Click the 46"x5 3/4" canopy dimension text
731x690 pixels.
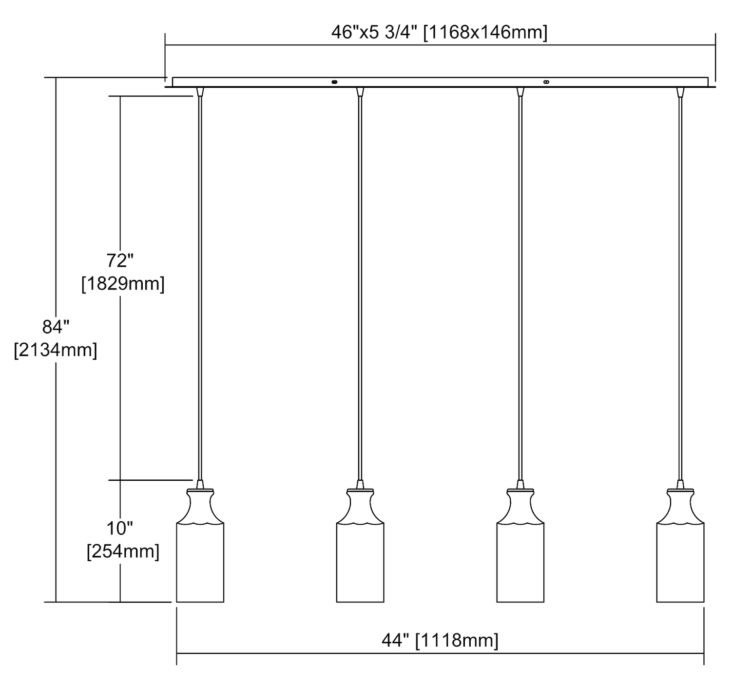pyautogui.click(x=375, y=32)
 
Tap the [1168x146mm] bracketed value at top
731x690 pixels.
pyautogui.click(x=485, y=33)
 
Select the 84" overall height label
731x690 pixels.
pyautogui.click(x=56, y=326)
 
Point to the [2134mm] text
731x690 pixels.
pyautogui.click(x=56, y=350)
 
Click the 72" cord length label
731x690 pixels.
pyautogui.click(x=119, y=260)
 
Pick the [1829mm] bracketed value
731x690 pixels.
pyautogui.click(x=123, y=284)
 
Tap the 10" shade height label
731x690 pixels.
pyautogui.click(x=119, y=528)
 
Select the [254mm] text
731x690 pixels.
pyautogui.click(x=123, y=552)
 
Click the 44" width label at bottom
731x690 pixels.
pyautogui.click(x=395, y=640)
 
